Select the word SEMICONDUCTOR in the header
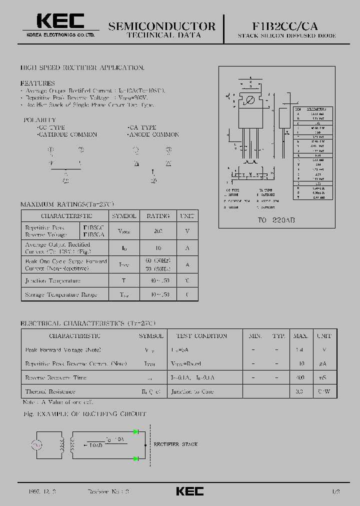click(162, 26)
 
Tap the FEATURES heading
click(37, 83)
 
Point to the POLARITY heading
click(40, 120)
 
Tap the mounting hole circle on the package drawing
click(251, 100)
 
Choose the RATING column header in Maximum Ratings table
click(158, 216)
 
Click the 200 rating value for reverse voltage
click(158, 231)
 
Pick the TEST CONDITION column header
click(201, 336)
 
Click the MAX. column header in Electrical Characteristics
click(300, 336)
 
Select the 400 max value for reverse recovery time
click(300, 378)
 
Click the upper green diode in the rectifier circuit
click(135, 431)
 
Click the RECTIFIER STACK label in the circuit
click(175, 444)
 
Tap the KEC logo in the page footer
click(189, 491)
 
